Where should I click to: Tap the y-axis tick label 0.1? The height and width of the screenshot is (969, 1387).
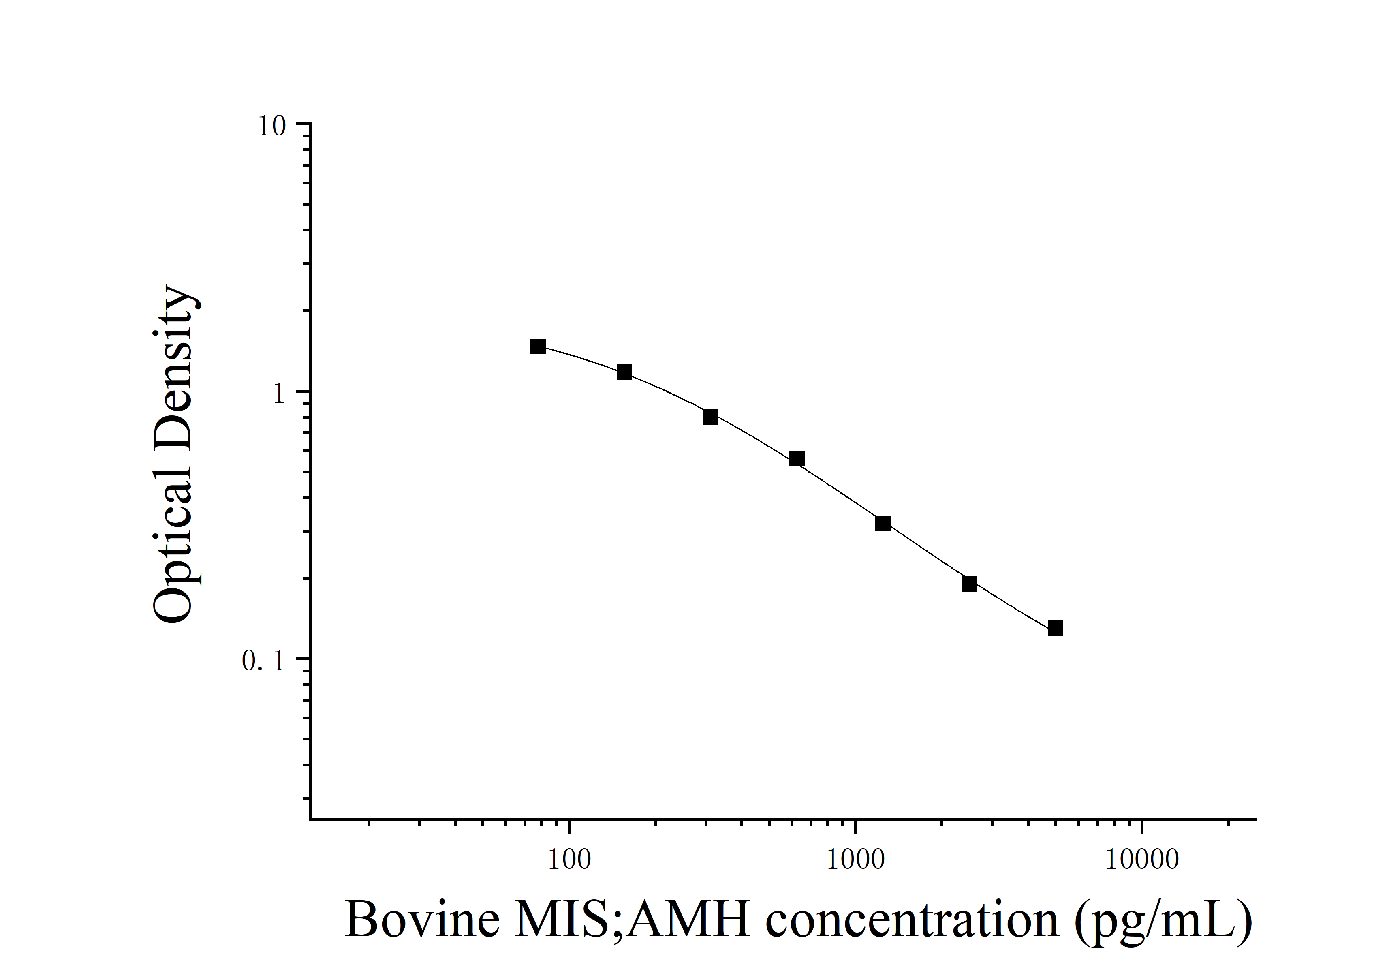263,661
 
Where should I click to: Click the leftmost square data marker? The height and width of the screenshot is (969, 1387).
538,346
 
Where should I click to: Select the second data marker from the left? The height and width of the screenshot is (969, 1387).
624,372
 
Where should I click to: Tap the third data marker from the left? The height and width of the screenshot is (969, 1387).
710,417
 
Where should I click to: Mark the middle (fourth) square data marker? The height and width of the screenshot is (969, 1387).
797,458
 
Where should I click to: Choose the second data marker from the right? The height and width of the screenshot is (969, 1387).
969,584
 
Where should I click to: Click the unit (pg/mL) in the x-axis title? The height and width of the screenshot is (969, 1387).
1163,921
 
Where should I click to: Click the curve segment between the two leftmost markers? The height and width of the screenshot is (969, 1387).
581,357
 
